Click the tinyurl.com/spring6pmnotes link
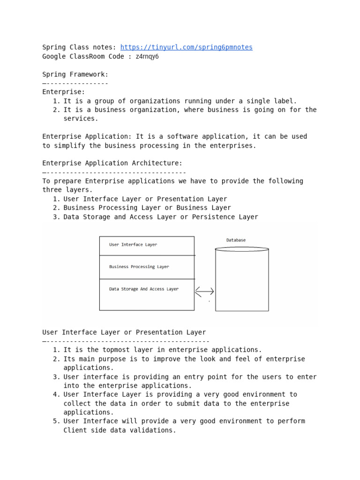click(186, 47)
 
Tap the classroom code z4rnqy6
click(147, 56)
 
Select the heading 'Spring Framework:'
click(75, 74)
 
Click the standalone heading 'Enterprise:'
click(64, 92)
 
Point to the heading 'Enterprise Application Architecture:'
click(112, 163)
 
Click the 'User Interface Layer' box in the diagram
click(147, 245)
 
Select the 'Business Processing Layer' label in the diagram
click(139, 267)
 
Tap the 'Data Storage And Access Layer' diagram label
click(143, 289)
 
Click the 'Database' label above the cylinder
click(236, 240)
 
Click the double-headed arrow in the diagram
click(204, 292)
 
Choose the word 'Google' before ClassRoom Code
click(54, 56)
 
